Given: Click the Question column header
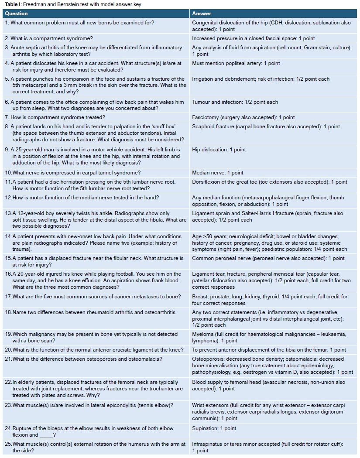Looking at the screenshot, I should click(x=16, y=14).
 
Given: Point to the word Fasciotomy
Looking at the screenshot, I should click(x=206, y=117).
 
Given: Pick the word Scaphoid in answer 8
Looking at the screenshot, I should click(x=203, y=126).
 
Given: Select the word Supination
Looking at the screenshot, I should click(x=205, y=428).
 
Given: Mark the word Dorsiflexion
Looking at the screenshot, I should click(x=207, y=182).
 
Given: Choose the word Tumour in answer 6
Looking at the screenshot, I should click(x=201, y=102).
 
